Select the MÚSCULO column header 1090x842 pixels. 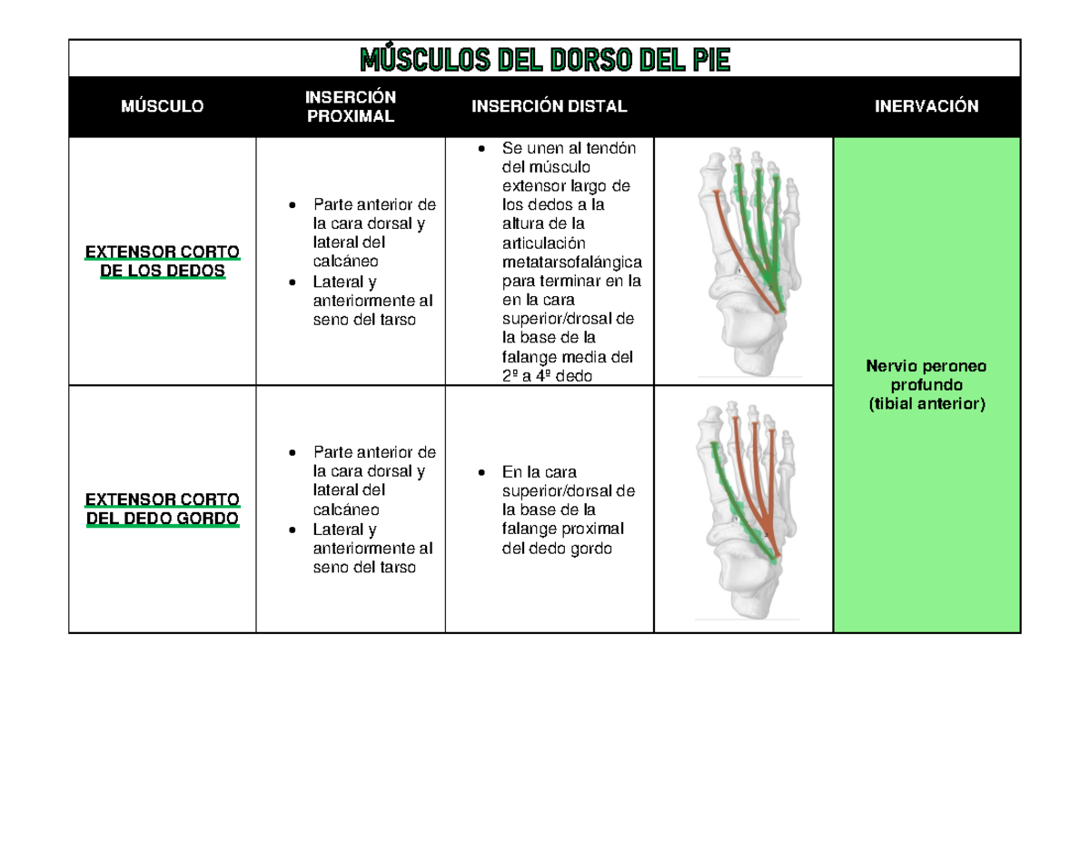163,106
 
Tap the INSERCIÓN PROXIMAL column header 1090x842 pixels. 350,106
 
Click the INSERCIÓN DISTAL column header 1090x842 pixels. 549,106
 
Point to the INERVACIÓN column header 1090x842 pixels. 926,106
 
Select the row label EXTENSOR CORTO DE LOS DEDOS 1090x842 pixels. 163,261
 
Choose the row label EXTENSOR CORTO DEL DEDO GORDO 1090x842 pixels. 163,509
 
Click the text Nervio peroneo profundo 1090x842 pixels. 926,376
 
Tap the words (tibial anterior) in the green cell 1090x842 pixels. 926,404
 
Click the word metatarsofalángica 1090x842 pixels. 570,262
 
